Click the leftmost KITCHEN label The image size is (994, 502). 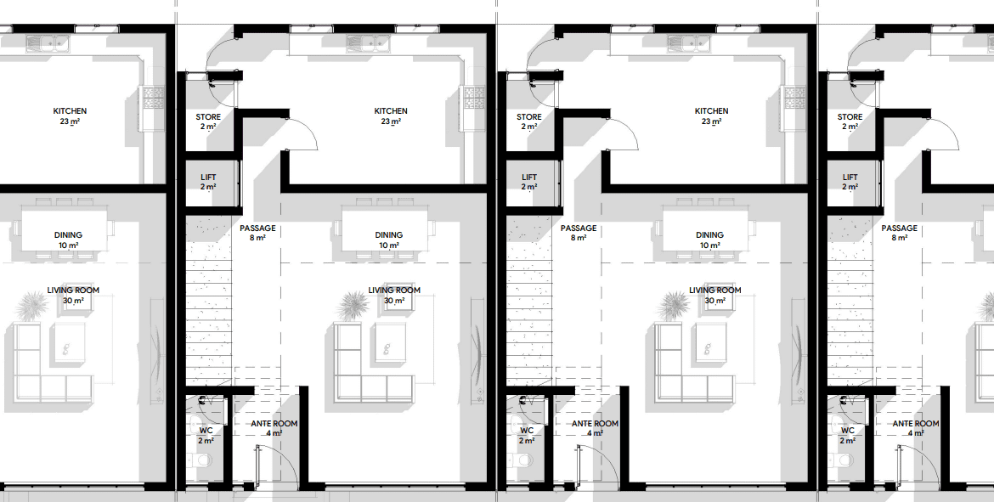point(70,111)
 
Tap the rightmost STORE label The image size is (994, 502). point(850,116)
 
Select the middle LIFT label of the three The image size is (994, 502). point(528,178)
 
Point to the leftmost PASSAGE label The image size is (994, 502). point(257,228)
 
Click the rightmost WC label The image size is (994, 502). point(848,431)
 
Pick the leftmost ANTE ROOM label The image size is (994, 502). point(274,423)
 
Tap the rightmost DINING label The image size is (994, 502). point(709,235)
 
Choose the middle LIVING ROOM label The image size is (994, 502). point(394,290)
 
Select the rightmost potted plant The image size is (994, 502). point(674,307)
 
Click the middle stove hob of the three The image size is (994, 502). point(473,97)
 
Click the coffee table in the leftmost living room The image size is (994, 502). point(69,342)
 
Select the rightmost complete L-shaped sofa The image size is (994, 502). point(695,361)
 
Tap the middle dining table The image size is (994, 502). point(388,229)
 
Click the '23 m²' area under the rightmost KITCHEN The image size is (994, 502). point(711,121)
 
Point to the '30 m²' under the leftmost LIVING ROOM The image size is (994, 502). point(73,301)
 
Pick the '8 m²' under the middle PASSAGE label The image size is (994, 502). point(578,238)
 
